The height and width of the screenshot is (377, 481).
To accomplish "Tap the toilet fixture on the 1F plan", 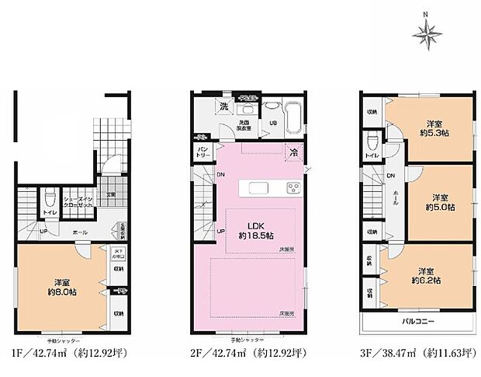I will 48,196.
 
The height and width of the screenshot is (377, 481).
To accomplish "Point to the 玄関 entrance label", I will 111,194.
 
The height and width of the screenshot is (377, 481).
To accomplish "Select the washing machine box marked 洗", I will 223,105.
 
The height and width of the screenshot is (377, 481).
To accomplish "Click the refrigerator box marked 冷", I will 296,153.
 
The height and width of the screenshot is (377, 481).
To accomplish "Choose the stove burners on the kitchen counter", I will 294,187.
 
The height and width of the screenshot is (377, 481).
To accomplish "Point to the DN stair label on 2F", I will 221,175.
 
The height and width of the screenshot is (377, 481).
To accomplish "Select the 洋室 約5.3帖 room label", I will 438,127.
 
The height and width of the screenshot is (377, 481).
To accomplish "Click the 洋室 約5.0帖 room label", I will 438,201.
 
